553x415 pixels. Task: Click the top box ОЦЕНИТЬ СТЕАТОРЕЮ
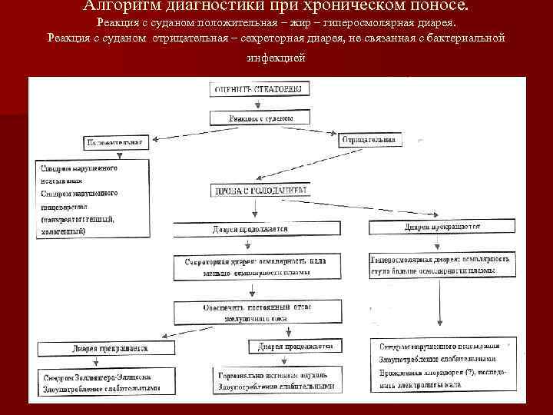coord(260,89)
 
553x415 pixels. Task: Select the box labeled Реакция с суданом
coord(260,118)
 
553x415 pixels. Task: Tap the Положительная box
coord(114,143)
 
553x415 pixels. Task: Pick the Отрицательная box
coord(368,139)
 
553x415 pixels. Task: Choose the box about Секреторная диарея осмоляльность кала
coord(254,267)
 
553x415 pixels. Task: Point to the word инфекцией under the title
coord(276,58)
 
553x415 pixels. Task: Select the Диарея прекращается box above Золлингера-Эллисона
coord(101,348)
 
